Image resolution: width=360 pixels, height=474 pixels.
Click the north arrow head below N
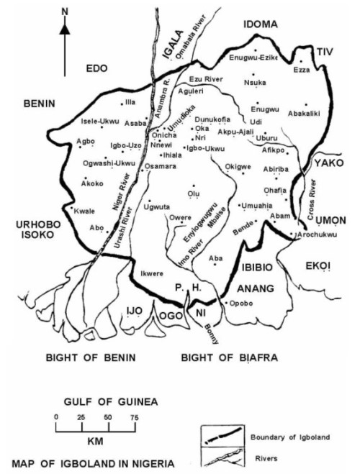point(65,29)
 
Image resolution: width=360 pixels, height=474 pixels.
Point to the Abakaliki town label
point(307,111)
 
